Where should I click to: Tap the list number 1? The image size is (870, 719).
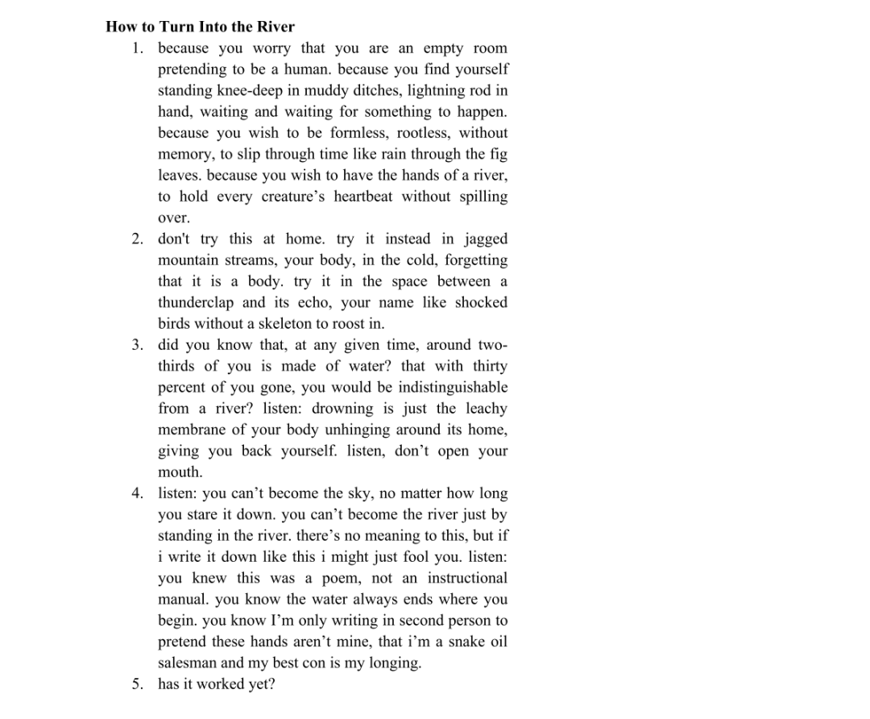[x=137, y=48]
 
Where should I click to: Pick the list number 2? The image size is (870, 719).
[x=137, y=239]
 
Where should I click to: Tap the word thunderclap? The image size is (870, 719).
[x=196, y=302]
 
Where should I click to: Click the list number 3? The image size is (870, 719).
[x=137, y=345]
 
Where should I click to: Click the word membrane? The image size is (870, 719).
[x=192, y=430]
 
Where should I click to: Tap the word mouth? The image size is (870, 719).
[x=179, y=472]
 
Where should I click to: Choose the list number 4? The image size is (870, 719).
[x=137, y=493]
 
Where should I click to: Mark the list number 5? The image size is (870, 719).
[x=137, y=684]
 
